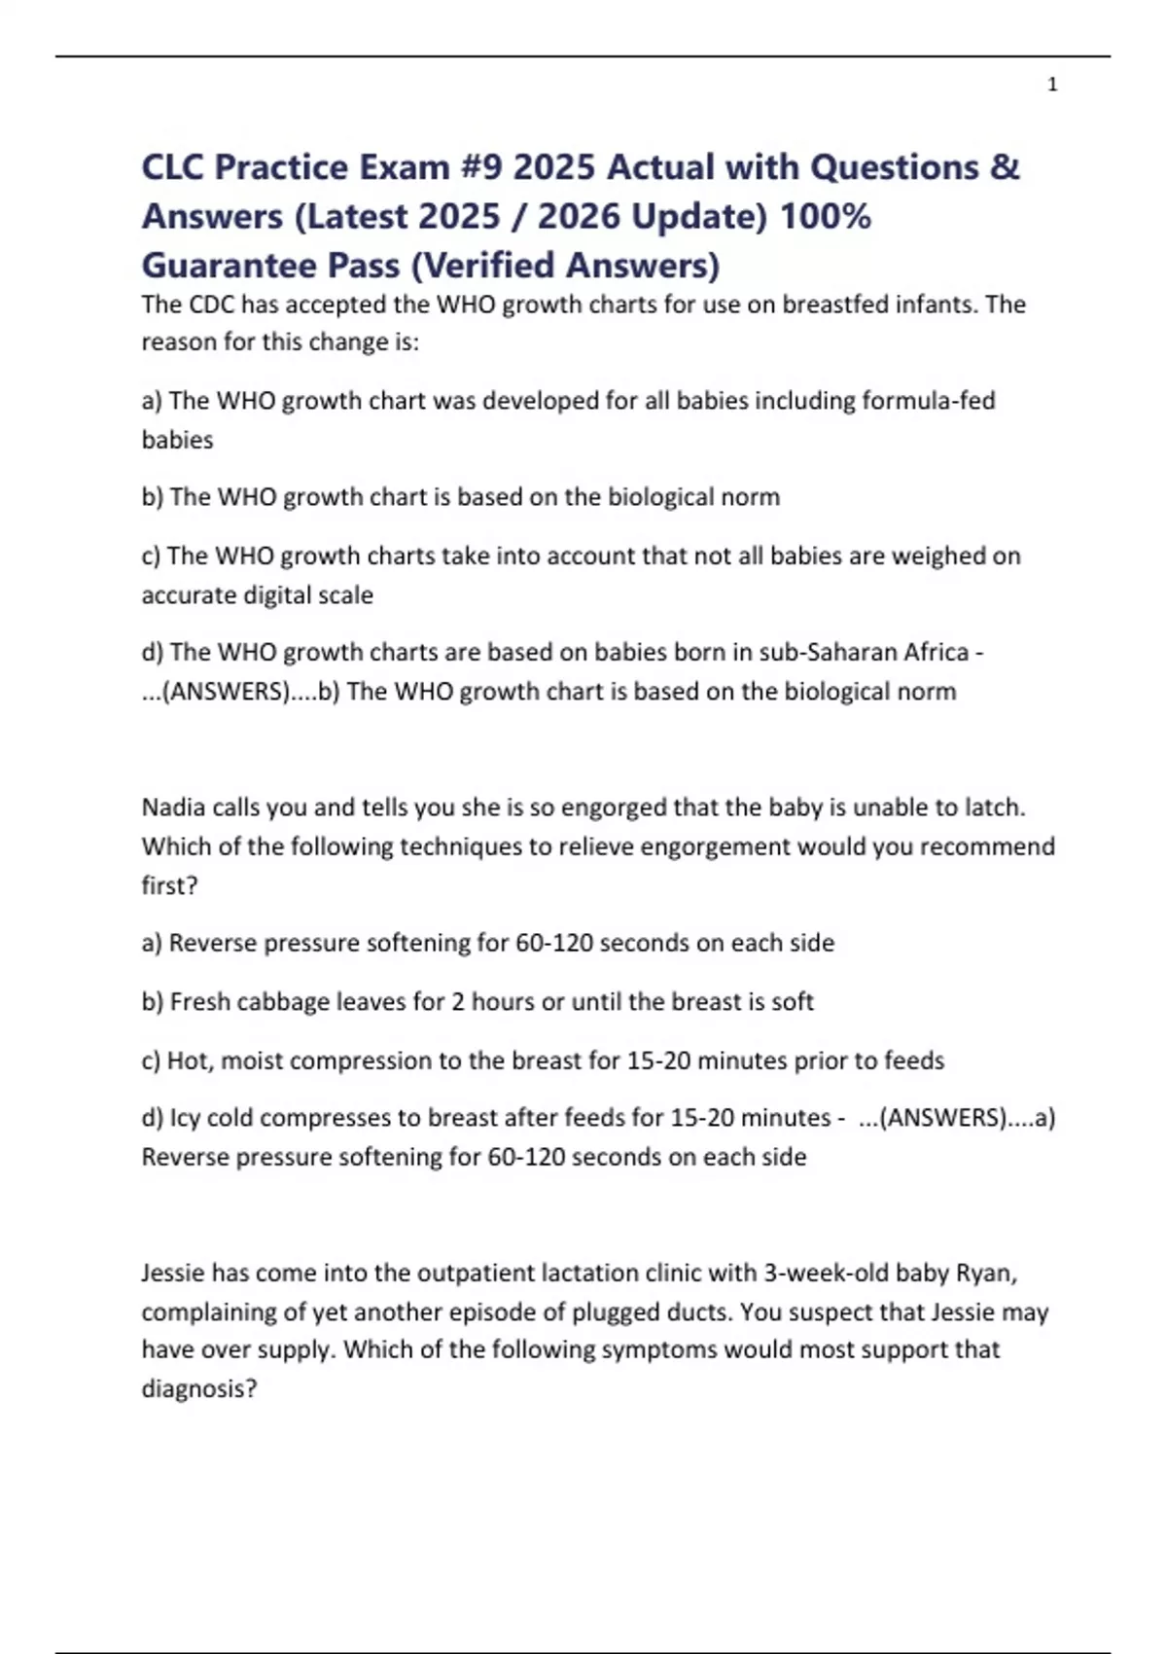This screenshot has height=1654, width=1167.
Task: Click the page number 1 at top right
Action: point(1052,86)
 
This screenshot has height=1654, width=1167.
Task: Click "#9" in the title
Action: point(476,167)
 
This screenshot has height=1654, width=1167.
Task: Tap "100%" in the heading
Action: point(826,216)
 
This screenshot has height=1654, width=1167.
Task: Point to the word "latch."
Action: point(995,808)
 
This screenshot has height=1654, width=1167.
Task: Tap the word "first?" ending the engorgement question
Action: point(169,885)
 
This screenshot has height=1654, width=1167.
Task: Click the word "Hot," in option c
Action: point(190,1060)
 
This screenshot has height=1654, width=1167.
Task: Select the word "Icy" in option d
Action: point(185,1118)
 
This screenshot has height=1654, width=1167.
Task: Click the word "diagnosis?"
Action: point(199,1388)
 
